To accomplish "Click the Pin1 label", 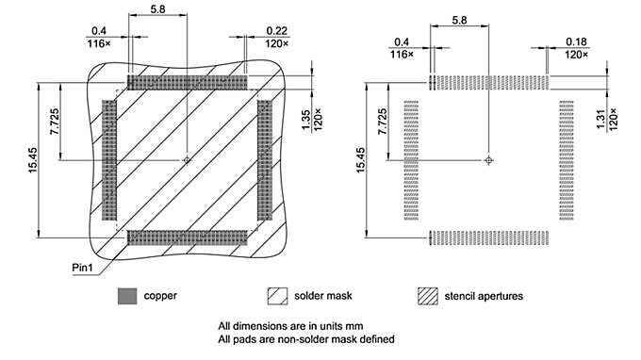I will pos(86,268).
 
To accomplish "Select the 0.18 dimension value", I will pos(577,42).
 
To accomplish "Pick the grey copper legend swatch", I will pos(126,296).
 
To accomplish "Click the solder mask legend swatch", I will pos(277,296).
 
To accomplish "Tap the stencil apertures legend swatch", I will pos(429,296).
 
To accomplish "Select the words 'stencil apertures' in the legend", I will pos(485,296).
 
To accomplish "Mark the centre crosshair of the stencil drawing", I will pos(488,160).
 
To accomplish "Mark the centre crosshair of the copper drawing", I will pos(188,160).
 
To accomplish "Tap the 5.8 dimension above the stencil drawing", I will pos(459,19).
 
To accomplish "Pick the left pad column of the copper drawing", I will pos(109,160).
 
